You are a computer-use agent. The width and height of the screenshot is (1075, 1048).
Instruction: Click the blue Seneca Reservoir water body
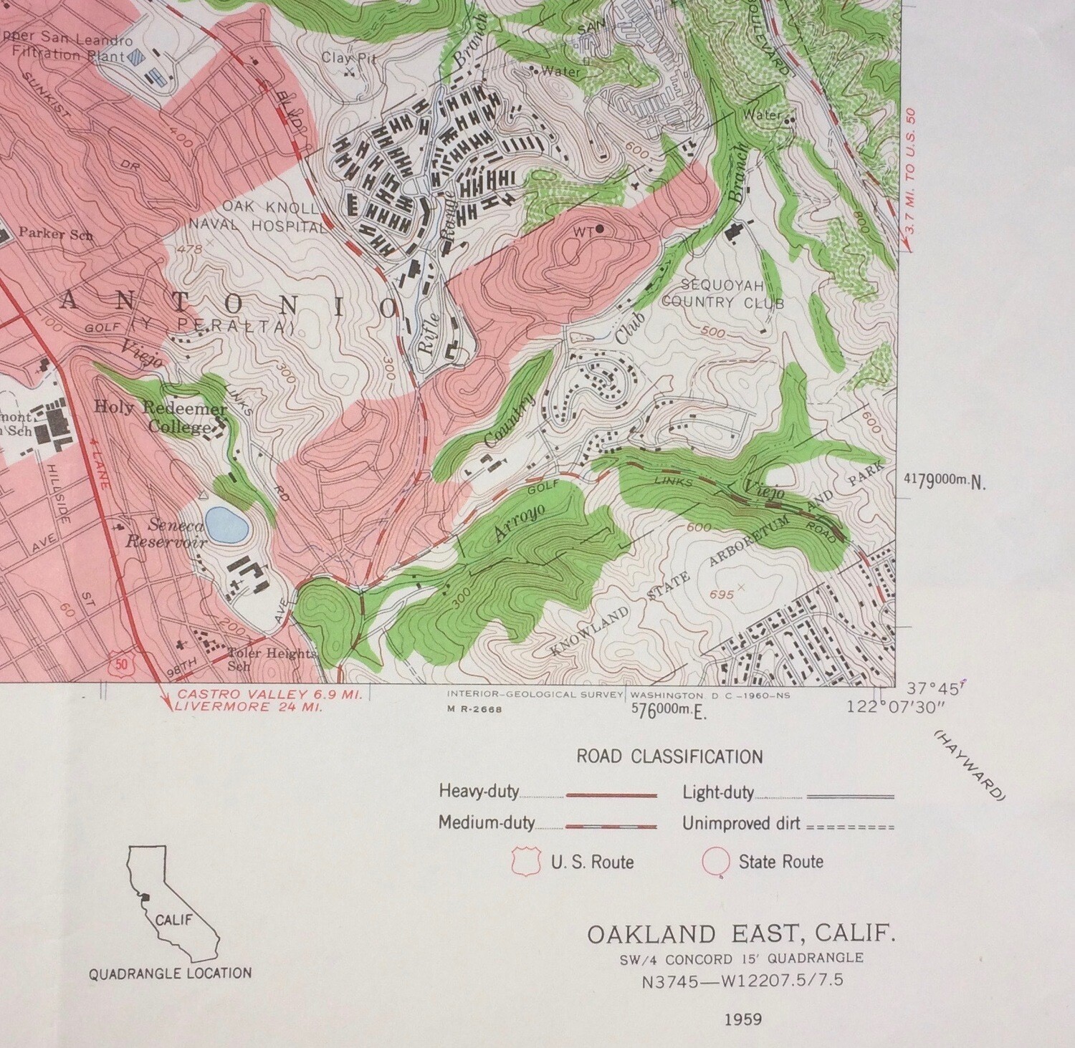(x=226, y=524)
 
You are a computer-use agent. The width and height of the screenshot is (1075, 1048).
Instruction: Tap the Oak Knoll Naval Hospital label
(x=258, y=217)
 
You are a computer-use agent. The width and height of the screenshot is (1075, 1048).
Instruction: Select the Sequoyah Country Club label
(x=722, y=292)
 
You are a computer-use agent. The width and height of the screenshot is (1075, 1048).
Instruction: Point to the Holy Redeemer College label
(x=161, y=417)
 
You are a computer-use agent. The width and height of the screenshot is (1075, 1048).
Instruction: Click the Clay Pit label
(x=349, y=58)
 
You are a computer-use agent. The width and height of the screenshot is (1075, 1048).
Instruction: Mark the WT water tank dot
(x=599, y=229)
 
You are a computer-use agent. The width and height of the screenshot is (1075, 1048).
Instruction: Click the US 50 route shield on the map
(x=123, y=663)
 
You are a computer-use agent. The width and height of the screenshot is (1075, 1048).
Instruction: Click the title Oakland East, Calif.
(x=742, y=934)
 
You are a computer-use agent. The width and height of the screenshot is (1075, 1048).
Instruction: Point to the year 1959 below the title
(x=742, y=1019)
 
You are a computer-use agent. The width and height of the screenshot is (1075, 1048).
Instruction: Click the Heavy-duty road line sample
(x=611, y=795)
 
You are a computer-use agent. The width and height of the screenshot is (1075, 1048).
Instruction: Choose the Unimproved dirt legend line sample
(x=851, y=827)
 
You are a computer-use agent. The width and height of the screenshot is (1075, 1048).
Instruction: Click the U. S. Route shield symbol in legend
(x=525, y=862)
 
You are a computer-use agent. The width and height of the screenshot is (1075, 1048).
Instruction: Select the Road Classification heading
(x=669, y=756)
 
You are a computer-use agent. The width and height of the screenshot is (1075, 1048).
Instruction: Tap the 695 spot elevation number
(x=720, y=595)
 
